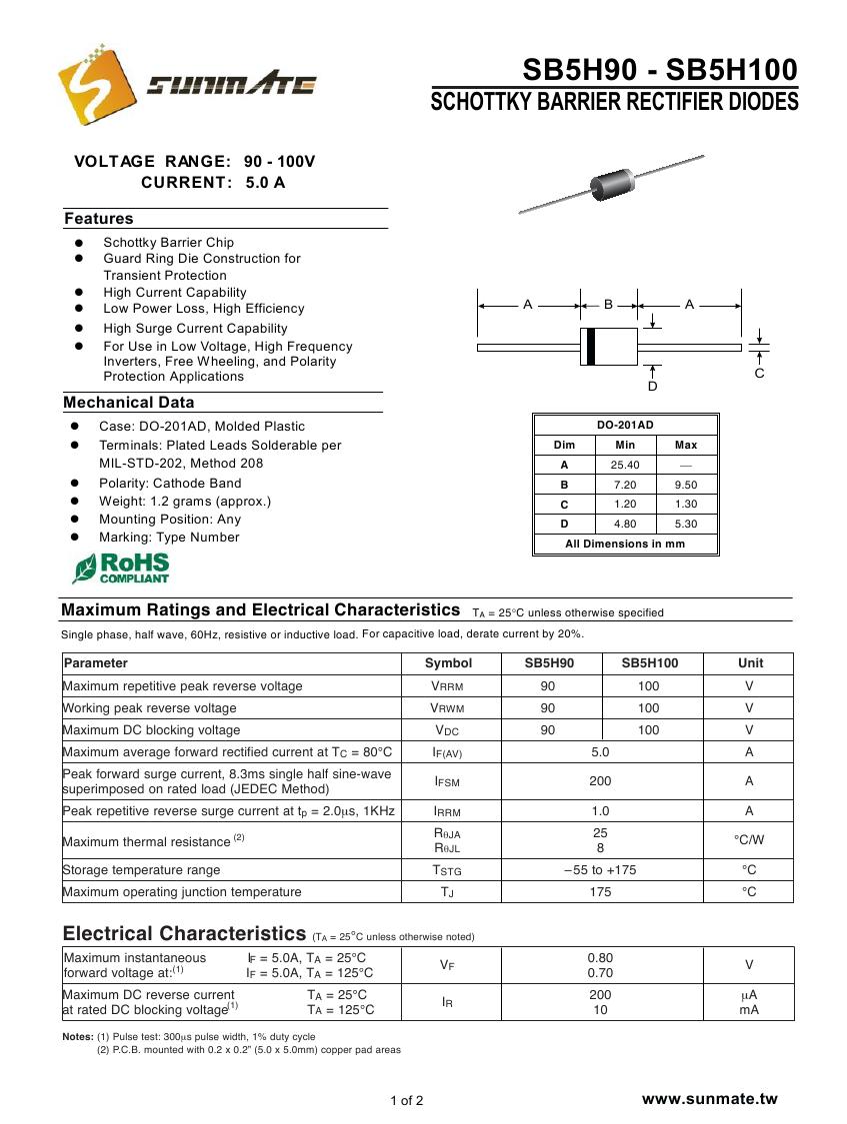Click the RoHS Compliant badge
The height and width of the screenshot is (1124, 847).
(x=121, y=568)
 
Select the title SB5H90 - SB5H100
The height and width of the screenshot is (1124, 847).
(x=660, y=70)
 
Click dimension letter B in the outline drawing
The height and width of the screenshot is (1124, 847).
(x=608, y=305)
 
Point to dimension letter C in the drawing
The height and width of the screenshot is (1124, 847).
(x=759, y=373)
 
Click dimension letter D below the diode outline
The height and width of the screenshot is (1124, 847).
(x=653, y=386)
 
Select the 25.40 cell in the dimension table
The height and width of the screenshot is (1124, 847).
(x=625, y=465)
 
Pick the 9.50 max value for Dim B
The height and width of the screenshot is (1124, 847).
(x=686, y=485)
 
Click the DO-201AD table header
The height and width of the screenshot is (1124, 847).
(x=625, y=425)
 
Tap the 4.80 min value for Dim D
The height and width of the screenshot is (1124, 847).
(x=625, y=524)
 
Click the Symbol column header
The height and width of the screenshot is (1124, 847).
(x=448, y=662)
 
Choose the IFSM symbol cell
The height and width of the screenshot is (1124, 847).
(x=448, y=781)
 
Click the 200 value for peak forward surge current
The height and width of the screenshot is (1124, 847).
(x=600, y=781)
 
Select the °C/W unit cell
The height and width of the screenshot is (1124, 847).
(x=749, y=840)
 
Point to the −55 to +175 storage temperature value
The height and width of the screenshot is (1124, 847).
(x=600, y=869)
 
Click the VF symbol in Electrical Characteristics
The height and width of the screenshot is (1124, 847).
(x=448, y=965)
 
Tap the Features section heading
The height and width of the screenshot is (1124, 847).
(x=99, y=219)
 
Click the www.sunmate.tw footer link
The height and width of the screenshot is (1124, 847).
(x=709, y=1099)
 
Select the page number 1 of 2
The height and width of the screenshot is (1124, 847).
(x=407, y=1101)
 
